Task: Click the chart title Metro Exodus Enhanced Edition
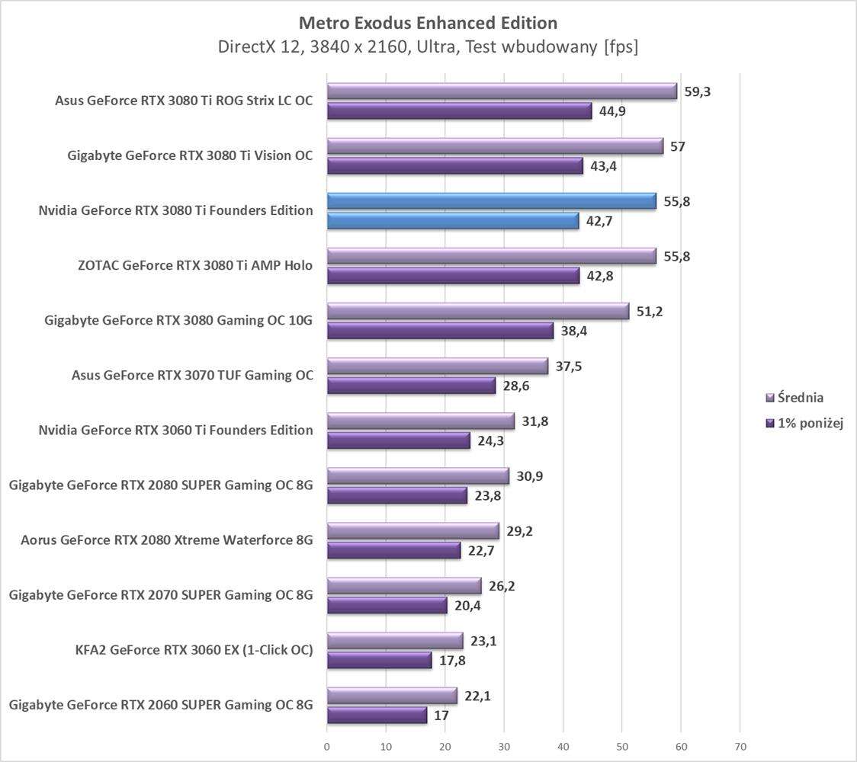[428, 22]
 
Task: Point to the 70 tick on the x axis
[740, 747]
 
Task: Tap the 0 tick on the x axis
[327, 747]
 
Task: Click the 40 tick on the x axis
[563, 747]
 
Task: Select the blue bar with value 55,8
[491, 201]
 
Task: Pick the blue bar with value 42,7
[453, 221]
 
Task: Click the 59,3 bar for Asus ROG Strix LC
[502, 91]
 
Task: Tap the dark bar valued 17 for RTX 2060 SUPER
[377, 715]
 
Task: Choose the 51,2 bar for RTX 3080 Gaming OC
[478, 311]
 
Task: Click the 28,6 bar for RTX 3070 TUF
[411, 386]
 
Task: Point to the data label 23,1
[484, 642]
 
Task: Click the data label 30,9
[530, 476]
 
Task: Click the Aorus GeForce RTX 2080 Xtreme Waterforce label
[167, 540]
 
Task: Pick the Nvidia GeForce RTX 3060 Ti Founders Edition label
[175, 431]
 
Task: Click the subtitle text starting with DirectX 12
[428, 46]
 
